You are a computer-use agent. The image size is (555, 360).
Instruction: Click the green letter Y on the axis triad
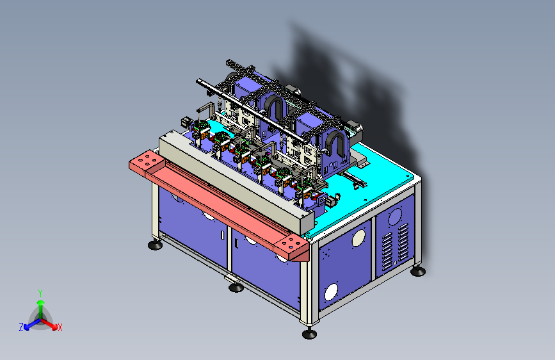(40, 293)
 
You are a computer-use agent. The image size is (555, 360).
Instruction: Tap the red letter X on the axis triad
(60, 327)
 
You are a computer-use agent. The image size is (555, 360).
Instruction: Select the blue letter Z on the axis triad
(21, 327)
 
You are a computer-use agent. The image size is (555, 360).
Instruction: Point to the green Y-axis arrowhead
(41, 303)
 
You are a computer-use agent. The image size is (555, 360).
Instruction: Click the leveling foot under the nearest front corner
(309, 334)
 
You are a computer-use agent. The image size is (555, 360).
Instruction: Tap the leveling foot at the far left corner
(155, 245)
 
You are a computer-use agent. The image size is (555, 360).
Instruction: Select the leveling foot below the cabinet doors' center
(236, 286)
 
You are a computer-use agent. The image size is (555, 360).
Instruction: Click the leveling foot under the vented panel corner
(418, 272)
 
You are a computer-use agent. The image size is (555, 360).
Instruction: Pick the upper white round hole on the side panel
(358, 238)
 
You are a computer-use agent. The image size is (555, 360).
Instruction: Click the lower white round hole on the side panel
(332, 292)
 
